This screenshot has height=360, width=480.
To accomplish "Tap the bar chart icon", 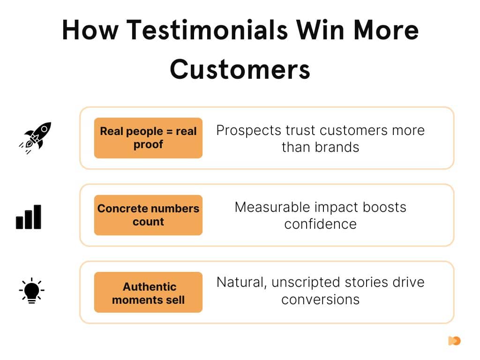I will click(29, 217).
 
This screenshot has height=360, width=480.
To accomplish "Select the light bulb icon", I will click(31, 291).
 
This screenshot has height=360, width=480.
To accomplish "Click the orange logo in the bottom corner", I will click(454, 341).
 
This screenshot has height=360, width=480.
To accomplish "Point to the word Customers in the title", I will click(240, 69).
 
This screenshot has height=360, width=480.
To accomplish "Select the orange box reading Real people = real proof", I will click(148, 138).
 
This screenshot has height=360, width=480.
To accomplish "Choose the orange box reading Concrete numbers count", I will click(148, 215).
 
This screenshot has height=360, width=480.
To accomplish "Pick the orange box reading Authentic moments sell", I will click(148, 292).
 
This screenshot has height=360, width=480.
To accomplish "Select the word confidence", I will click(320, 224).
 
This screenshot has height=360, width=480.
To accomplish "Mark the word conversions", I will click(320, 299).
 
